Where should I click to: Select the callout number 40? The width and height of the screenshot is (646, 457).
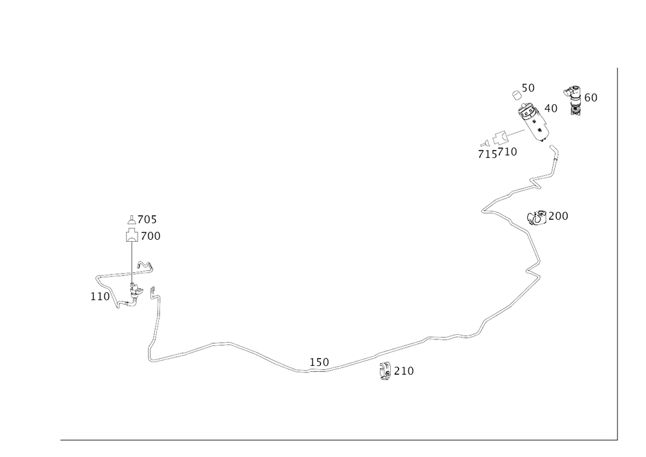pyautogui.click(x=552, y=108)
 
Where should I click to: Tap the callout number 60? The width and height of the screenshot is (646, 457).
pyautogui.click(x=590, y=98)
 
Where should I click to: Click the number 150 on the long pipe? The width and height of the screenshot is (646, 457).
pyautogui.click(x=319, y=362)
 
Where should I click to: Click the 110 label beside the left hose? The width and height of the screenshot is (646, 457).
pyautogui.click(x=98, y=297)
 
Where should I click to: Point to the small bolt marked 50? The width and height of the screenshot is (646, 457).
pyautogui.click(x=516, y=95)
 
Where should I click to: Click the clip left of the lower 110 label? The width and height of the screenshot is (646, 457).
pyautogui.click(x=386, y=371)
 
